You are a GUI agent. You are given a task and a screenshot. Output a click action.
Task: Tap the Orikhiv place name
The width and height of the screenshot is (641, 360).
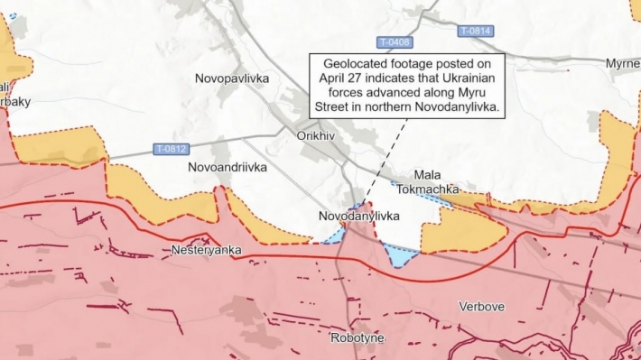pos(315,135)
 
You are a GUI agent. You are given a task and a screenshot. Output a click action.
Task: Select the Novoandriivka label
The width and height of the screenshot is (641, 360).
pos(227,168)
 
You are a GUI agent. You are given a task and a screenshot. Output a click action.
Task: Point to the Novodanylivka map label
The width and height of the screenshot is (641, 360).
pos(358,217)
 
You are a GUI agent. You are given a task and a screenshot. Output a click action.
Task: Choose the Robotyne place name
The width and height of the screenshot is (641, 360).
pos(358,337)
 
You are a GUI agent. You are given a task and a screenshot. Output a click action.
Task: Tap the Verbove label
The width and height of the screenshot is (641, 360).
pos(481,307)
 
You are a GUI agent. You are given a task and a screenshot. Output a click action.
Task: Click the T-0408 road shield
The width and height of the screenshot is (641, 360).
pos(394,42)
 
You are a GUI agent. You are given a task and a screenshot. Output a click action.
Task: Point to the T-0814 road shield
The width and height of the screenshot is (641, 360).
pos(475,31)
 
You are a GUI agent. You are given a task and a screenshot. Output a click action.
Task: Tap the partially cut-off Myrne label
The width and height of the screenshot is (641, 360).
pos(622,63)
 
